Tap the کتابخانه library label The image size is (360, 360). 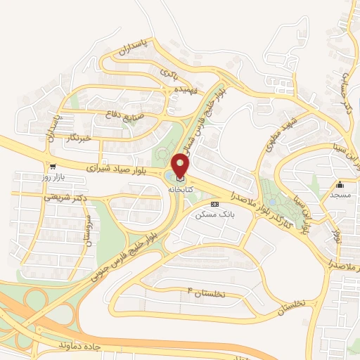click(180, 191)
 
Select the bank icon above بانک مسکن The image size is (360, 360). click(214, 203)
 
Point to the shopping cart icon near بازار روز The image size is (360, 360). click(52, 167)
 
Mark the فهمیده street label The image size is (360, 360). click(186, 90)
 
